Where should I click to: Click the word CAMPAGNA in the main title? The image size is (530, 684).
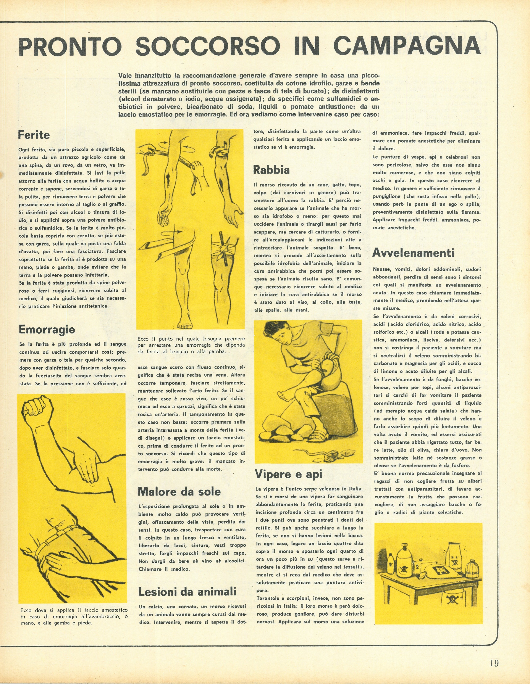pyautogui.click(x=407, y=46)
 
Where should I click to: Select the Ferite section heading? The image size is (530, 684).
pyautogui.click(x=34, y=135)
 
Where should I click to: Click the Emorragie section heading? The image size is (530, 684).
pyautogui.click(x=47, y=330)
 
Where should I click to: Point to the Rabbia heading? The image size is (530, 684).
pyautogui.click(x=271, y=170)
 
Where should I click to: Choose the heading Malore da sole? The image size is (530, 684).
pyautogui.click(x=179, y=491)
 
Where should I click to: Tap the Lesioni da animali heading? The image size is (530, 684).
pyautogui.click(x=187, y=592)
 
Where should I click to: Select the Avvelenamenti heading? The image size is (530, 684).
pyautogui.click(x=413, y=253)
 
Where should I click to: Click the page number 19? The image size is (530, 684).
pyautogui.click(x=494, y=663)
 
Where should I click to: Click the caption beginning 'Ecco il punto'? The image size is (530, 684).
pyautogui.click(x=191, y=345)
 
